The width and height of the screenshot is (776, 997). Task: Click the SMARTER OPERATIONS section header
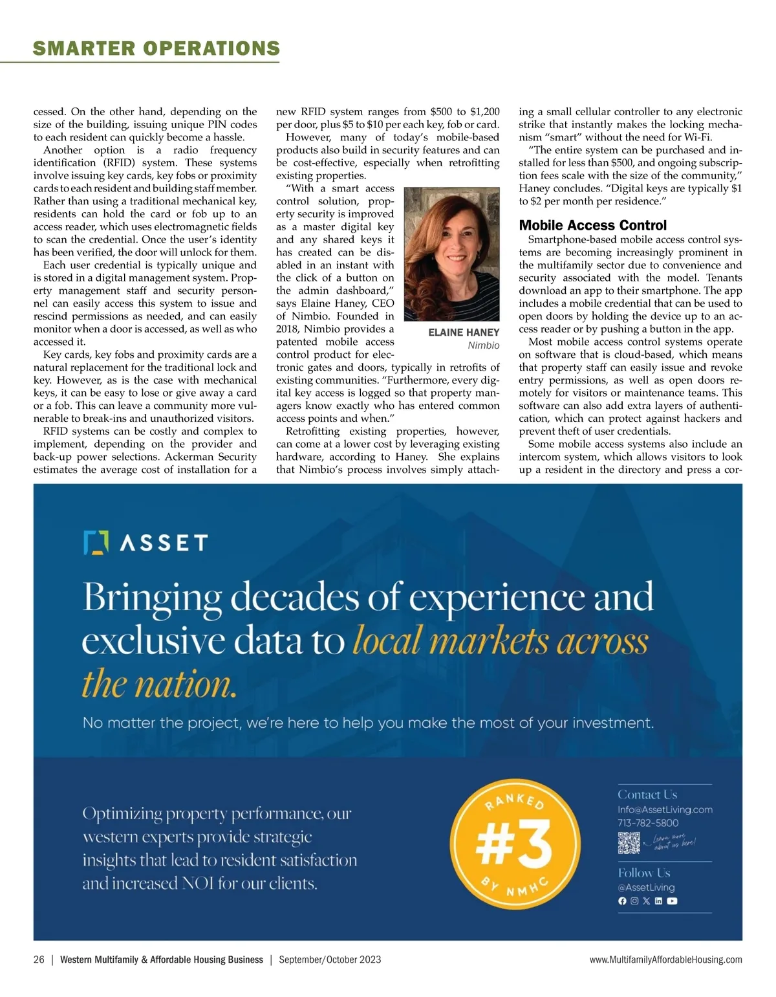156,49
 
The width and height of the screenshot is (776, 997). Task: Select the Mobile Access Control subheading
592,225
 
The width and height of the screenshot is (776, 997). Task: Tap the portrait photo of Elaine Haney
451,254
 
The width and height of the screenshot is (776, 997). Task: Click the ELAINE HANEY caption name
464,333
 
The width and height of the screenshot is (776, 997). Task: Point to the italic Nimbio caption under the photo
483,345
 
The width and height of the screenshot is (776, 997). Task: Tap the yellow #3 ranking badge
515,844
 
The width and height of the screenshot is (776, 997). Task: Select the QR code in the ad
629,843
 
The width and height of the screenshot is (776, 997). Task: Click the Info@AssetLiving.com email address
665,809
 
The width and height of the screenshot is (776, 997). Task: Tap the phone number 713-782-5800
648,823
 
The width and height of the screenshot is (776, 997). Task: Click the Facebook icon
622,901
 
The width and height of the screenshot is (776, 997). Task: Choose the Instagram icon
634,901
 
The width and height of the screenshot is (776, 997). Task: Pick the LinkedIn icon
658,901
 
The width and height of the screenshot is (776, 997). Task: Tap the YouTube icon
672,901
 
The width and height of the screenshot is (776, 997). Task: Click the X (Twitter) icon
646,901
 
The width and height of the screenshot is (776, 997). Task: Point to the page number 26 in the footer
39,959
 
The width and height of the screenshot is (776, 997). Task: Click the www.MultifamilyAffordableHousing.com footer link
665,959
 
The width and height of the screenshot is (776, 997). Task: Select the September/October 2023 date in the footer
330,959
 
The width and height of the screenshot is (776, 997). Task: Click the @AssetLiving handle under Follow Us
646,887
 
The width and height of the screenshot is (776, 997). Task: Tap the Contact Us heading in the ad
647,794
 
